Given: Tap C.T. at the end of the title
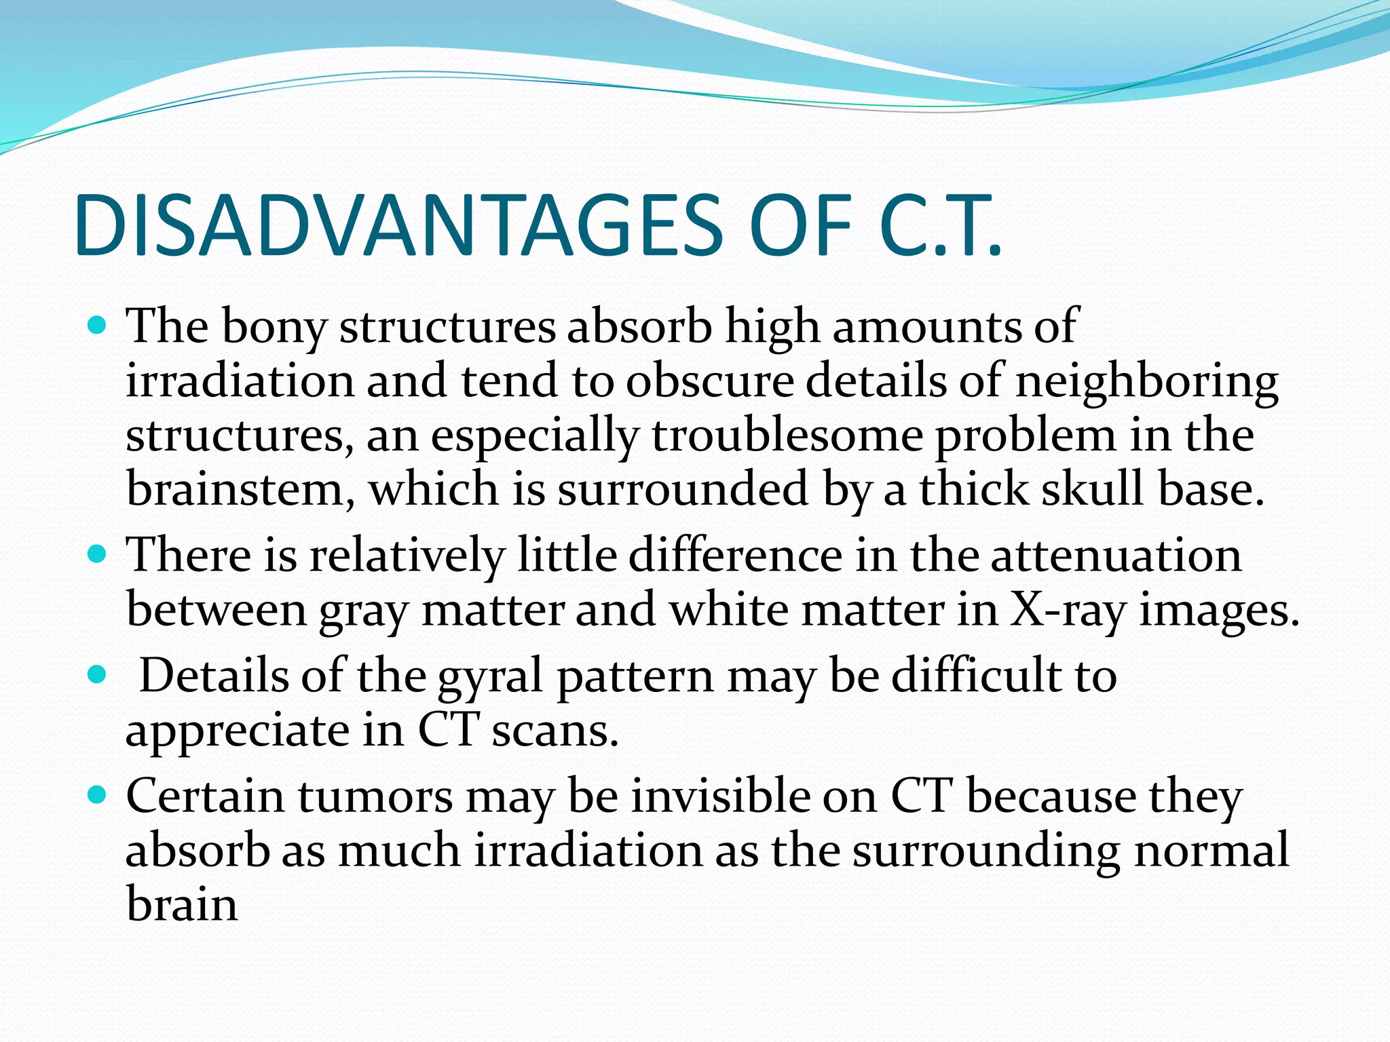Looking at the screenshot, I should click(x=939, y=226).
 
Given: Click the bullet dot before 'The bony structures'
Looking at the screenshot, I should click(x=98, y=326).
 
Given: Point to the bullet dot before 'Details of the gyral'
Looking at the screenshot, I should click(x=98, y=675).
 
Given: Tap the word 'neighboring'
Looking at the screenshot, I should click(x=1146, y=382).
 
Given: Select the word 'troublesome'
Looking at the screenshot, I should click(x=787, y=436).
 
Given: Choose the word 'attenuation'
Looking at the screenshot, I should click(x=1116, y=556).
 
